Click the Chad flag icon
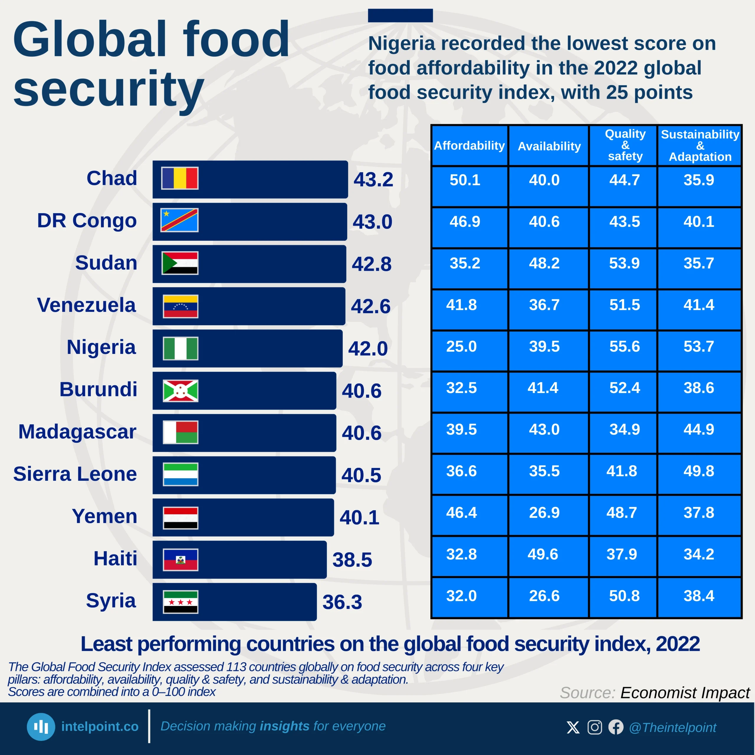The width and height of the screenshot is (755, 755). coord(180,178)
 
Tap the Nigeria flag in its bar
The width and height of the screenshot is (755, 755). coord(180,348)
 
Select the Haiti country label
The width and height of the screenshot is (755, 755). coord(115,558)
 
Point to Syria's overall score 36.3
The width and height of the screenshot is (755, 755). coord(342,602)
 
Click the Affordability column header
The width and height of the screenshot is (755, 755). coord(469,146)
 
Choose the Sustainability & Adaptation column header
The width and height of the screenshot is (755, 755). coord(700,145)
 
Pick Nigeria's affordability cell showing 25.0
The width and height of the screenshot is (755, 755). coord(462,347)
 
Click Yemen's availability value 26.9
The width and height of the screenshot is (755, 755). coord(544,513)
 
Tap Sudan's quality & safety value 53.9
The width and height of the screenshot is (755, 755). coord(624,263)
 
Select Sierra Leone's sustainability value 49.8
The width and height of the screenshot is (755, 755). coord(699,471)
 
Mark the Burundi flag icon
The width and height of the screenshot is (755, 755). coord(180,391)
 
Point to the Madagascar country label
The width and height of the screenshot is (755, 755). coord(77,432)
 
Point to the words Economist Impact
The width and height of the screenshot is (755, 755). coord(685,693)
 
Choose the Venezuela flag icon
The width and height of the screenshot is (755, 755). coord(180,306)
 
